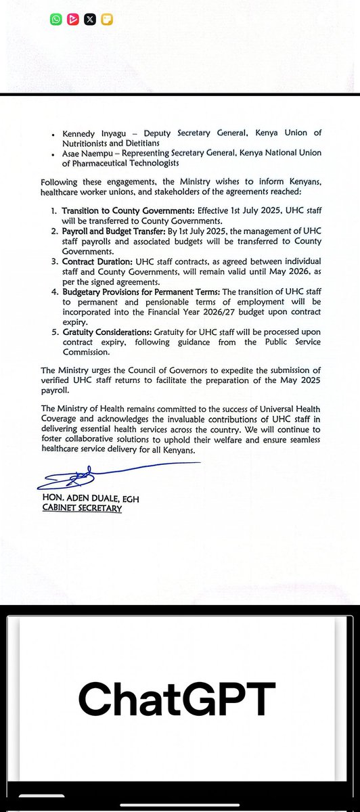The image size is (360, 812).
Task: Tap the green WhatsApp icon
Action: pyautogui.click(x=55, y=20)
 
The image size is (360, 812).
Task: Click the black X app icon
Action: pyautogui.click(x=90, y=20)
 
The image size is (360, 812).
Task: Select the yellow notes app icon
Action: pyautogui.click(x=106, y=20)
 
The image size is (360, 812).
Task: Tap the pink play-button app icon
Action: pyautogui.click(x=73, y=20)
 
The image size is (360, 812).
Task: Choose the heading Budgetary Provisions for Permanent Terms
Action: pyautogui.click(x=154, y=292)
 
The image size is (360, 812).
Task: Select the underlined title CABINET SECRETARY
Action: pyautogui.click(x=81, y=509)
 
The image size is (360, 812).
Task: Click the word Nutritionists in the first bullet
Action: pyautogui.click(x=87, y=142)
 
